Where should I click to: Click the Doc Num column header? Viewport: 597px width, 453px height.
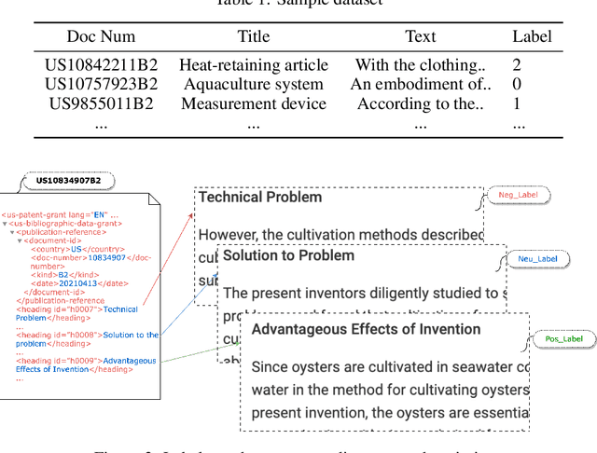[100, 37]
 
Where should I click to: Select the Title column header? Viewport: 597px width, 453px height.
[254, 37]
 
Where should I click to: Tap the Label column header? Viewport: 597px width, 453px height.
[532, 37]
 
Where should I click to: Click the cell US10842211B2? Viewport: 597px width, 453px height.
[102, 65]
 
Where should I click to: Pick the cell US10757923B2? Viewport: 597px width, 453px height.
[102, 85]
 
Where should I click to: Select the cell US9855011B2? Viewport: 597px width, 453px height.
[102, 104]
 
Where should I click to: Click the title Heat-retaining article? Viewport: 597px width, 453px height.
[254, 65]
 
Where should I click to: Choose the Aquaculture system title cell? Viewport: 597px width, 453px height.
[254, 85]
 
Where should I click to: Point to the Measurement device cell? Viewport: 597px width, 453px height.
[254, 104]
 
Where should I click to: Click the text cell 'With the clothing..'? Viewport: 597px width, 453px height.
[420, 65]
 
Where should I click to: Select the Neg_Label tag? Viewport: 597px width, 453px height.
[520, 196]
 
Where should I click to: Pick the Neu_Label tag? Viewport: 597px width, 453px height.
[537, 258]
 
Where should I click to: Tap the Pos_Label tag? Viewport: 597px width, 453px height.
[564, 339]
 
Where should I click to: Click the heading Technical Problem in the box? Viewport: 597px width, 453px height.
[261, 198]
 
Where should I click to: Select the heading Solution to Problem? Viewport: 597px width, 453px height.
[289, 255]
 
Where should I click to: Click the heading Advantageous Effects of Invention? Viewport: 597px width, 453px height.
[367, 329]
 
